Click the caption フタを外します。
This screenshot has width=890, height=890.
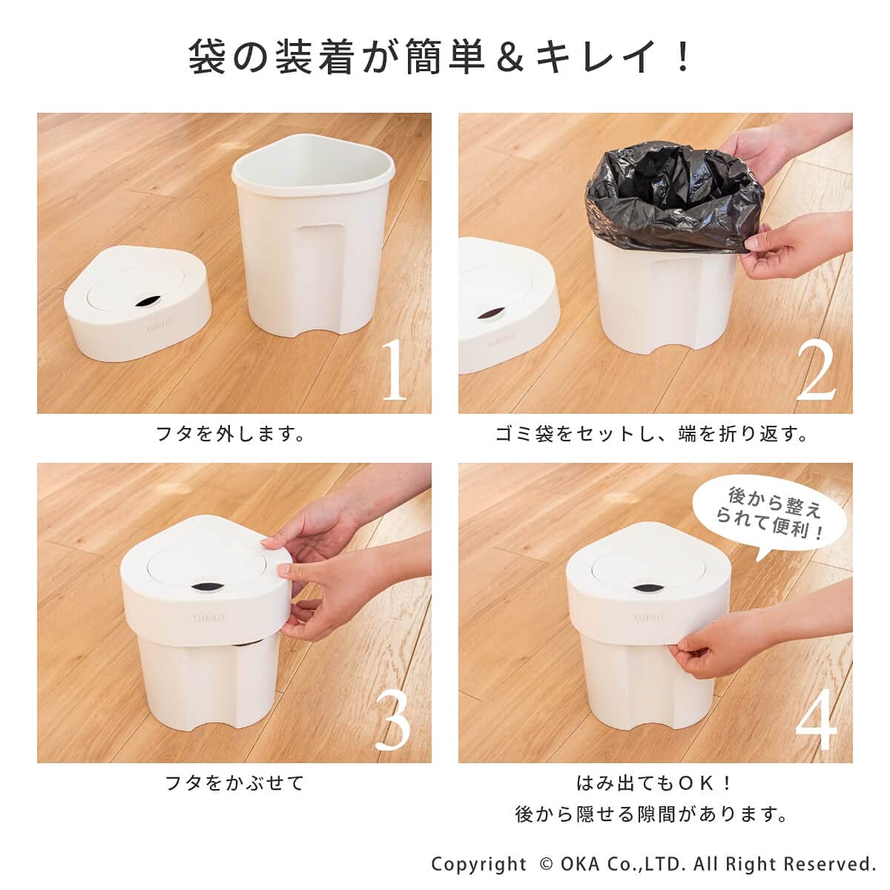coord(231,434)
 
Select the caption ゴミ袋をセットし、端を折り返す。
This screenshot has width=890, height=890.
coord(652,434)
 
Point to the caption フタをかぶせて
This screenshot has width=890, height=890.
coord(234,783)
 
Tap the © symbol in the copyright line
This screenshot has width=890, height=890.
coord(545,864)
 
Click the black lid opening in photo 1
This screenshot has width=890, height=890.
coord(147,302)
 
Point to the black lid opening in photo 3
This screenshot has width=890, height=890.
coord(205,587)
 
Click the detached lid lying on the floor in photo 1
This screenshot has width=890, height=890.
coord(138,303)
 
